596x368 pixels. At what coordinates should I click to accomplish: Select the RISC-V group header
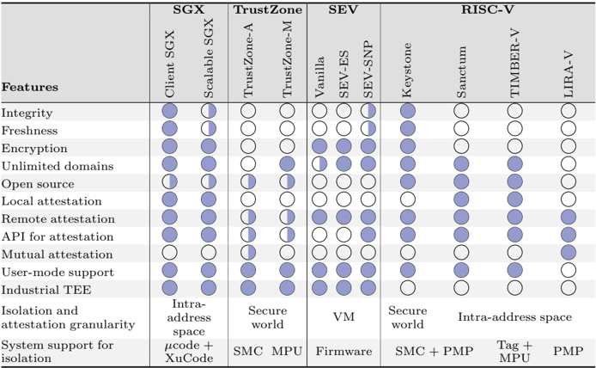(488, 9)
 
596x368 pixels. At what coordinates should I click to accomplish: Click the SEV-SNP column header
(368, 70)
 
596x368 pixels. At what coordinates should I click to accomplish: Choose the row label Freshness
(30, 130)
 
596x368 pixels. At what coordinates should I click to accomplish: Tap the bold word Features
(30, 87)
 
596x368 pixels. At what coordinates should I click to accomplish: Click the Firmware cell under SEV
(344, 351)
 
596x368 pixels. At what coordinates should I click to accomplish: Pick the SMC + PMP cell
(433, 351)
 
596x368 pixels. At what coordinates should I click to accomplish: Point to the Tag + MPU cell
(514, 351)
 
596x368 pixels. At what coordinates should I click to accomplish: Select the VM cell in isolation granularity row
(344, 316)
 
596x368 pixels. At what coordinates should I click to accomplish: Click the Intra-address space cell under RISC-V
(514, 316)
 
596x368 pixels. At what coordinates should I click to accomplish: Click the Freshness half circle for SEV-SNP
(368, 129)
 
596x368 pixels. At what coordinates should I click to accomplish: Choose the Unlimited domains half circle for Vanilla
(319, 164)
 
